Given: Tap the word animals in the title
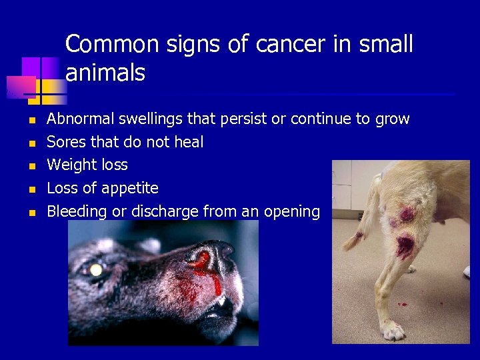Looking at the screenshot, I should pyautogui.click(x=105, y=73).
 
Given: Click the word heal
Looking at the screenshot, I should pyautogui.click(x=188, y=142).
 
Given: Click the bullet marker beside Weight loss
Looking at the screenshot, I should pyautogui.click(x=31, y=165).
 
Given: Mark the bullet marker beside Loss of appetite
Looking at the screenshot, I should pyautogui.click(x=31, y=189).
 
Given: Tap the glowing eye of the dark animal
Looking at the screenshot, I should pyautogui.click(x=97, y=270).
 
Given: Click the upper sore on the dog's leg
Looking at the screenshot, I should pyautogui.click(x=405, y=214).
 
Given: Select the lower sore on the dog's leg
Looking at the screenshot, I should pyautogui.click(x=405, y=247).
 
